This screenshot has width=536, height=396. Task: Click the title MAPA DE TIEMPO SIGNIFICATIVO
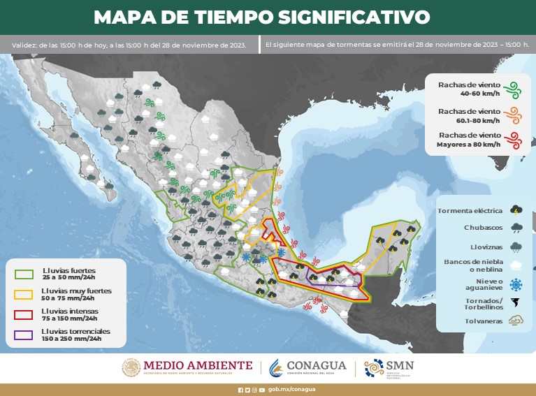click(261, 17)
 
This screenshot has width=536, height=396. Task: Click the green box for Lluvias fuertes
click(24, 272)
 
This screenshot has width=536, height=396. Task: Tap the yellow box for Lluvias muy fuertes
click(24, 293)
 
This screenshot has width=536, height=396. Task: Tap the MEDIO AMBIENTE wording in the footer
click(198, 365)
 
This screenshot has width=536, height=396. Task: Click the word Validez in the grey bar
click(25, 45)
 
